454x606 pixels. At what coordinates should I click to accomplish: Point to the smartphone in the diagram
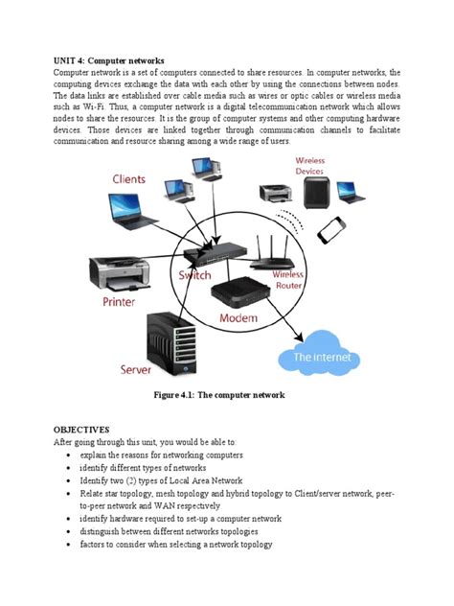330,230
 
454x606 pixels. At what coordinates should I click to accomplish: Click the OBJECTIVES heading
81,430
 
